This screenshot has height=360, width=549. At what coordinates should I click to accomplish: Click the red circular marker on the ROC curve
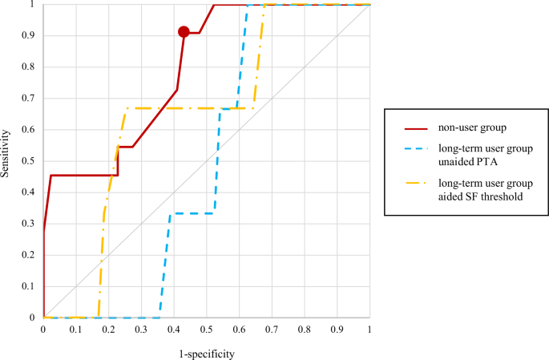[x=184, y=32]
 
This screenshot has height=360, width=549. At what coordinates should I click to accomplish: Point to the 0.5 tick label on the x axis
[x=206, y=330]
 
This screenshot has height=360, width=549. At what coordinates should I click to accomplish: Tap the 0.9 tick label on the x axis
[x=337, y=330]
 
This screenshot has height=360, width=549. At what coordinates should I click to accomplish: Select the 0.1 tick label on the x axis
[x=75, y=330]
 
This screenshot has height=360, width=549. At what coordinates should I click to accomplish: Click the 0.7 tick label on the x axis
[x=272, y=330]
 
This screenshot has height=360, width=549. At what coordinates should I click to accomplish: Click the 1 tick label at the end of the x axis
[x=369, y=330]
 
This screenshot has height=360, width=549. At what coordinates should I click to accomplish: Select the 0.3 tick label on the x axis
[x=141, y=330]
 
